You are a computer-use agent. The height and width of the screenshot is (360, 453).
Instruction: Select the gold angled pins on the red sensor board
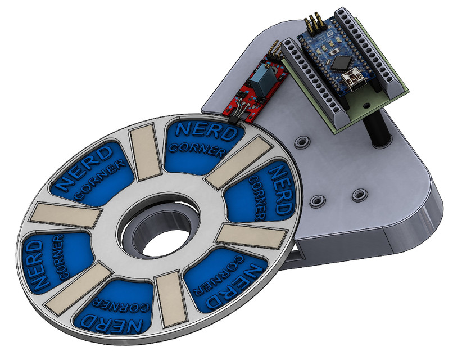point(274,51)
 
